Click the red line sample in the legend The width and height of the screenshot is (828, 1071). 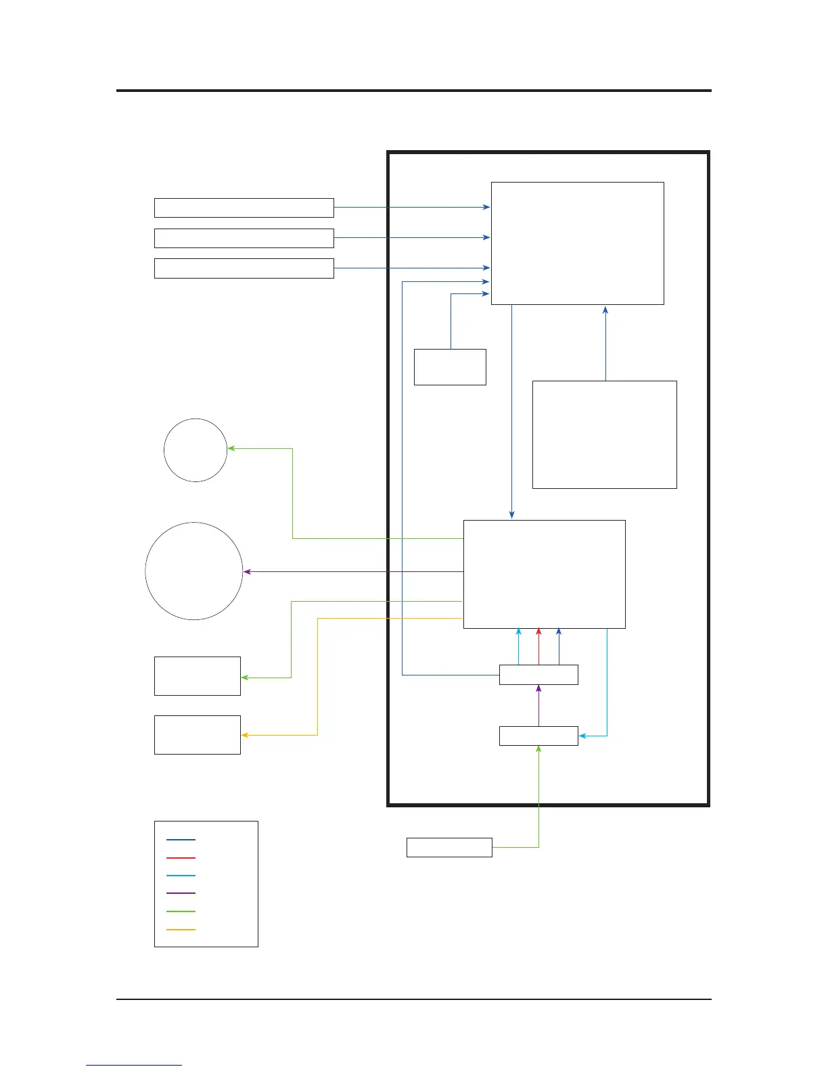pyautogui.click(x=181, y=857)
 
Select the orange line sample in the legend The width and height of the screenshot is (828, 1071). pyautogui.click(x=181, y=930)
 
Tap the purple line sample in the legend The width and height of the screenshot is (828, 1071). pyautogui.click(x=181, y=893)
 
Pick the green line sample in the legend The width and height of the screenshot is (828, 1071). pyautogui.click(x=181, y=911)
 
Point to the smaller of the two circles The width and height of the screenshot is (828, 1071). pyautogui.click(x=195, y=450)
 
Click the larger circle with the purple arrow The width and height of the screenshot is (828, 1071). pyautogui.click(x=194, y=571)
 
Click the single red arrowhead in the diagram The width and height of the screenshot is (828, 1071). pyautogui.click(x=539, y=632)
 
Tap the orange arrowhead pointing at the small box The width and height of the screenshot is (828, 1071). pyautogui.click(x=245, y=735)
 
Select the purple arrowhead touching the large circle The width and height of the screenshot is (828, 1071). pyautogui.click(x=247, y=572)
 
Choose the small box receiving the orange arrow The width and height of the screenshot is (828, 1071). pyautogui.click(x=198, y=735)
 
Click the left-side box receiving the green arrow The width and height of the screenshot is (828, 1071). pyautogui.click(x=198, y=676)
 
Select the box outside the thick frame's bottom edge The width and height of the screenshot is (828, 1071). pyautogui.click(x=449, y=847)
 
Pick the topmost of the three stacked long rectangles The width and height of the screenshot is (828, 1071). pyautogui.click(x=244, y=208)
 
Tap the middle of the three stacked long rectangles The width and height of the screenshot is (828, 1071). pyautogui.click(x=244, y=238)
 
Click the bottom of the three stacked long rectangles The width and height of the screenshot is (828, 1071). pyautogui.click(x=244, y=268)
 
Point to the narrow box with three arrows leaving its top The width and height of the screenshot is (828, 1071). pyautogui.click(x=538, y=675)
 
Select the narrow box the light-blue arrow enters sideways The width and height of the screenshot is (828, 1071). pyautogui.click(x=538, y=736)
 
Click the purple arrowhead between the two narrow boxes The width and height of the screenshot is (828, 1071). pyautogui.click(x=539, y=688)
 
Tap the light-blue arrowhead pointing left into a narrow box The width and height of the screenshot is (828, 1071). pyautogui.click(x=582, y=736)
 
